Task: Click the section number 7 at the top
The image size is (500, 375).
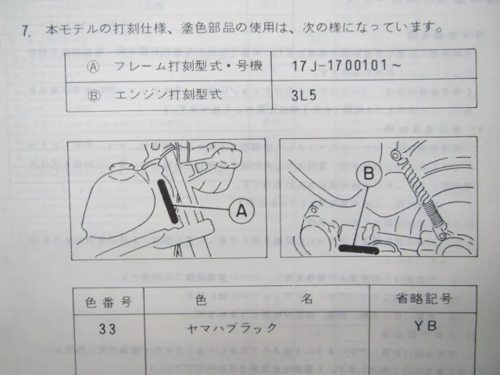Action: [x=26, y=31]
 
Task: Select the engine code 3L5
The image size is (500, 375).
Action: [x=304, y=95]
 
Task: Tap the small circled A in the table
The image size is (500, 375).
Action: [x=93, y=67]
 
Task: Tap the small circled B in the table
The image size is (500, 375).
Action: [x=94, y=95]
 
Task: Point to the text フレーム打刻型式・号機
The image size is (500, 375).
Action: [x=188, y=66]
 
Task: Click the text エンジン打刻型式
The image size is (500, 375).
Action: [x=169, y=95]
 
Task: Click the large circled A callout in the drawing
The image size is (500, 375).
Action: [x=241, y=210]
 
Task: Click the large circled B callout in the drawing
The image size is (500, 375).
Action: [x=369, y=174]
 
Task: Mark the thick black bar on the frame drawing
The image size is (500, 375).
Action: [x=168, y=201]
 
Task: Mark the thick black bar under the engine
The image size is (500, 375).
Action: [x=359, y=248]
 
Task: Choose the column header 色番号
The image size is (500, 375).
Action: [x=109, y=302]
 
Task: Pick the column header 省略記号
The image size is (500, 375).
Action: [x=424, y=299]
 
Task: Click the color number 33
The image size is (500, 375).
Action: [x=107, y=329]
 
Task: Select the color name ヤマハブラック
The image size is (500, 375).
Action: [x=232, y=328]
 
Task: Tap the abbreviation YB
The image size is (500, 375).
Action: [x=425, y=326]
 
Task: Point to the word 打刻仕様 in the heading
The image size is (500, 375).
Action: [x=139, y=28]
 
